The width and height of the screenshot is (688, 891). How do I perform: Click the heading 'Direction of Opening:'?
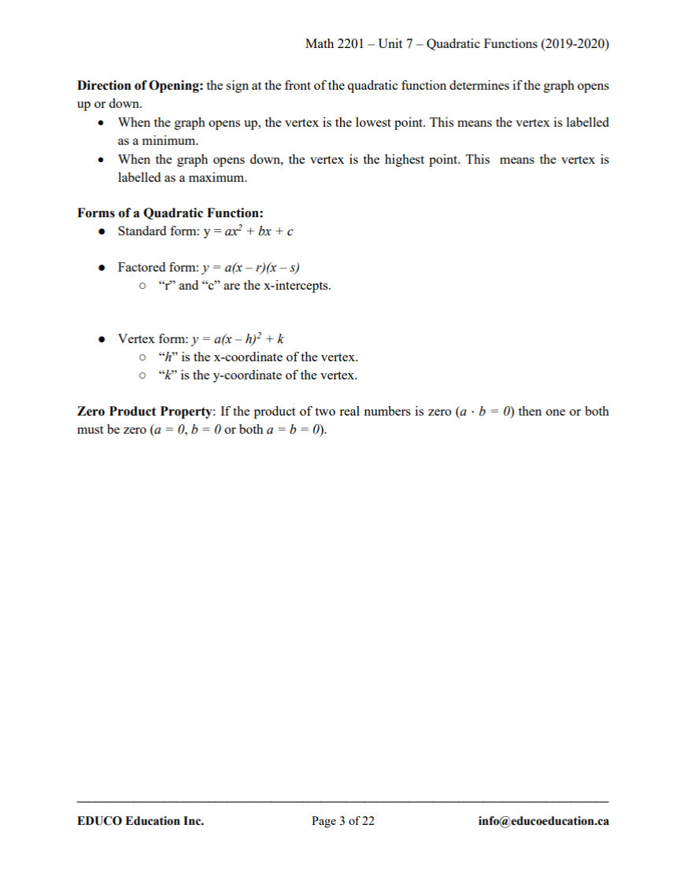coord(140,85)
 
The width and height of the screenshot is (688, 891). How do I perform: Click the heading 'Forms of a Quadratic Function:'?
coord(170,213)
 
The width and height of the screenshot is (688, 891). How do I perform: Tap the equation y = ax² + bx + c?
coord(248,231)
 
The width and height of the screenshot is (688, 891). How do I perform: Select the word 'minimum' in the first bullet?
coord(164,141)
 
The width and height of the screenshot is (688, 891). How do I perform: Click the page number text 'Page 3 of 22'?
coord(343,821)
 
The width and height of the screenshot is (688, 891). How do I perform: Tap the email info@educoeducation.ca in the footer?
coord(543,821)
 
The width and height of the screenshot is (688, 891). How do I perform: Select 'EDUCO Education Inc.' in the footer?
coord(141,821)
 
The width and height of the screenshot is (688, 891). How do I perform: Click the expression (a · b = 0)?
coord(485,412)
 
